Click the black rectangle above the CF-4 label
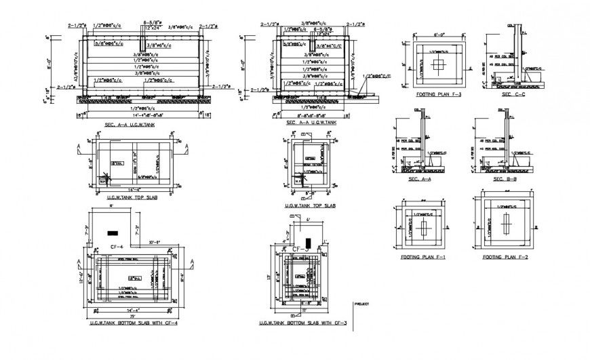click(x=112, y=233)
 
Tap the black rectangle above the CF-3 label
click(x=308, y=242)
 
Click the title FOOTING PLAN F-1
click(x=420, y=258)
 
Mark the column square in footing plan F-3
click(x=437, y=65)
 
